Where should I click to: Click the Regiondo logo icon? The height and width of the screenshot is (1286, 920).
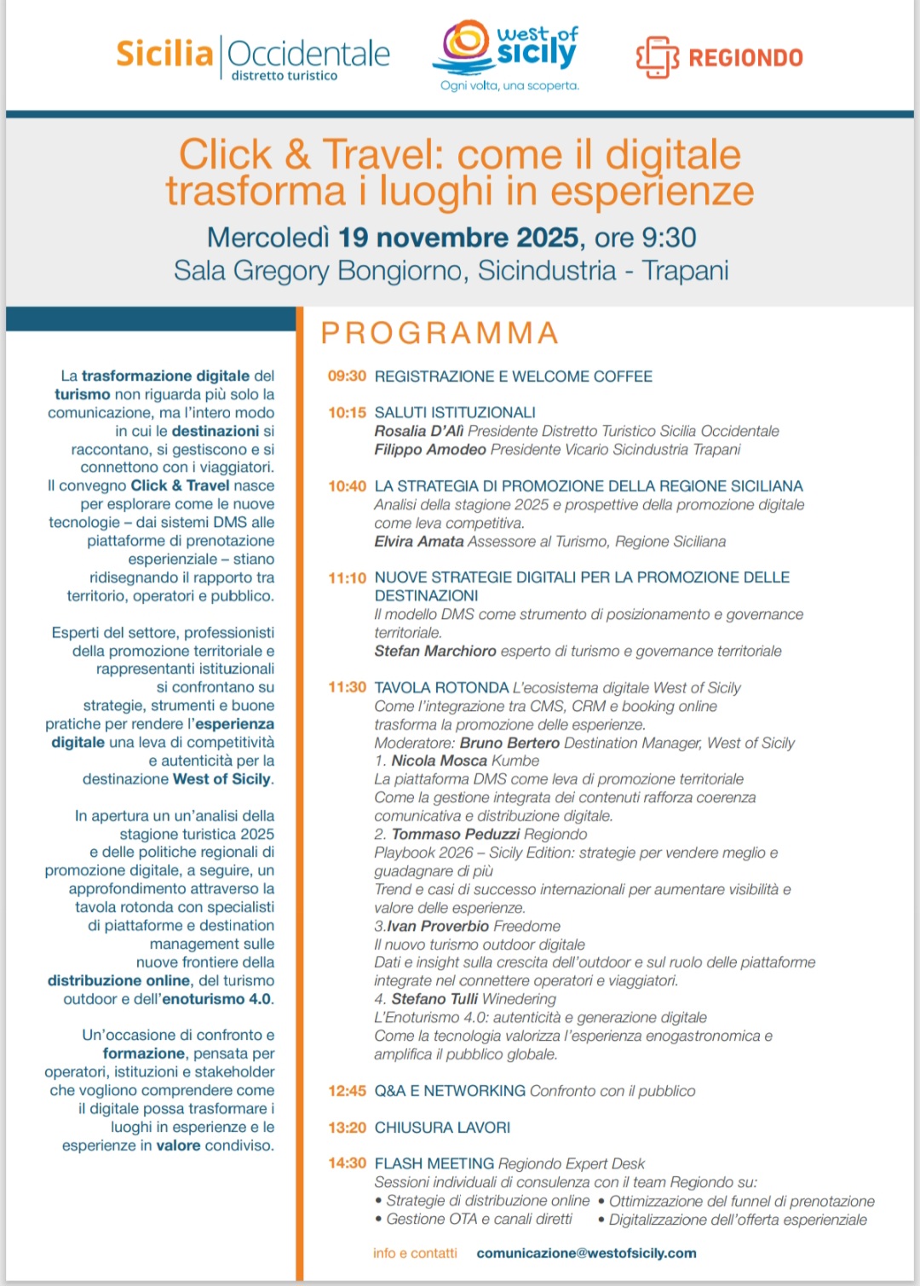click(x=657, y=57)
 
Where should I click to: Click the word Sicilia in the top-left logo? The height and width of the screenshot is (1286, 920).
click(x=164, y=54)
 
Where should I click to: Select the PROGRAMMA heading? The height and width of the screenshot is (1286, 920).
click(x=440, y=333)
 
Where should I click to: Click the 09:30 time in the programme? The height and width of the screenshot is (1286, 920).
click(x=347, y=376)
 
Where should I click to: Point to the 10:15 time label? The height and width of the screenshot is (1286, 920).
click(x=347, y=413)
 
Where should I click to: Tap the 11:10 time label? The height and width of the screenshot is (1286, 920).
click(x=347, y=578)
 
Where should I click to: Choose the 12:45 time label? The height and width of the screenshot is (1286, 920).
click(x=347, y=1091)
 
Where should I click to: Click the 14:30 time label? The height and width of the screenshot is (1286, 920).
click(x=347, y=1163)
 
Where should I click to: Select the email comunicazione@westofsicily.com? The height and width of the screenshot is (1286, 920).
click(x=586, y=1254)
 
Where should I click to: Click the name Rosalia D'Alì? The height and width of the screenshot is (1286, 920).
click(x=419, y=431)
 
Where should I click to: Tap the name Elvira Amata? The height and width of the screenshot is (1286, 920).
click(x=419, y=542)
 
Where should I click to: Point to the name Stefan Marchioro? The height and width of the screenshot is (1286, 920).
click(x=435, y=652)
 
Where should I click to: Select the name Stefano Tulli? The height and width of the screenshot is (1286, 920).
click(x=434, y=999)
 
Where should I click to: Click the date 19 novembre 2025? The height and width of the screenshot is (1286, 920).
click(x=459, y=238)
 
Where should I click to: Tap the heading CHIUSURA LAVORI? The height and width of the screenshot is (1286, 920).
click(x=442, y=1128)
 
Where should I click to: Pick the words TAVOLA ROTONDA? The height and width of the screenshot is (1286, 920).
click(x=441, y=688)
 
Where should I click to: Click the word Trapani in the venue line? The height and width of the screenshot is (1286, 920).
click(x=685, y=271)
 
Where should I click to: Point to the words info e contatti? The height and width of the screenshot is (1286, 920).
click(x=415, y=1254)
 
